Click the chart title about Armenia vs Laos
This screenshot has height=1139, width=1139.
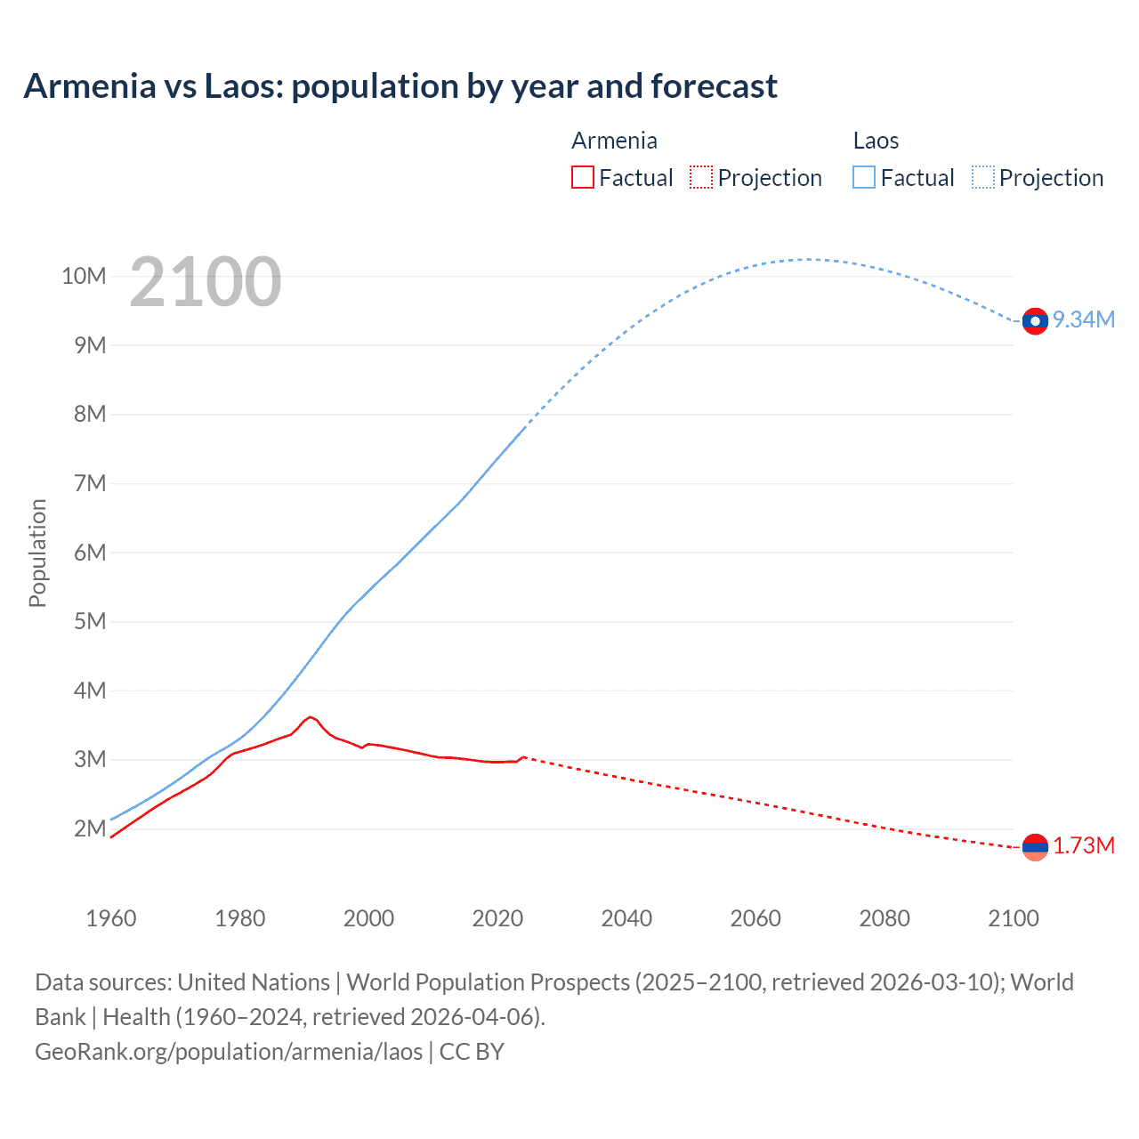(400, 86)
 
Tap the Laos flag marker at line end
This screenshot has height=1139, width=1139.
(1035, 321)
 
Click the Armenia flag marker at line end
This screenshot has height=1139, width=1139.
(1035, 847)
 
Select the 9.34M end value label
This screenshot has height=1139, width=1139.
(1084, 320)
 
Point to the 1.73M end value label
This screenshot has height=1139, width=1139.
(1084, 846)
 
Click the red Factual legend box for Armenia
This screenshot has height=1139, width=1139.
(582, 177)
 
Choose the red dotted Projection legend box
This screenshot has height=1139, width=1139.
(701, 177)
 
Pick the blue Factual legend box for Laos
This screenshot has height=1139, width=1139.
(864, 177)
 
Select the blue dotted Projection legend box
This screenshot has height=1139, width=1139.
(983, 177)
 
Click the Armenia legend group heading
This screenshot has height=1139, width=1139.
(614, 141)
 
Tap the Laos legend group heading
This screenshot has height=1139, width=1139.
(876, 141)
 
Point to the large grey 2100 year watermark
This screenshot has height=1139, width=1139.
(206, 282)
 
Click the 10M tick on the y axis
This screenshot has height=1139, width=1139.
(84, 277)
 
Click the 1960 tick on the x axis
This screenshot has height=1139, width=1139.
(111, 918)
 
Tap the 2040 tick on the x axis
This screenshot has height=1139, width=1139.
(626, 918)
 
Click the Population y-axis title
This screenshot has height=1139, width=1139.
(37, 553)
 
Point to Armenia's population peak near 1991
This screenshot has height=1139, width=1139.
(310, 716)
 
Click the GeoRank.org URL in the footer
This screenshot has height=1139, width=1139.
(229, 1052)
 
